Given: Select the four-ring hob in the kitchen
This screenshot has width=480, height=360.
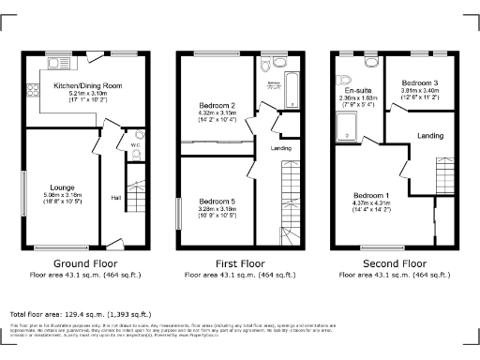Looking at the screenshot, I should point(33,92).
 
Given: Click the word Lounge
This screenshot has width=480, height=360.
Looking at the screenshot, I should point(63,187).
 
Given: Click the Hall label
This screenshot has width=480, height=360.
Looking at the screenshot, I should point(115,197).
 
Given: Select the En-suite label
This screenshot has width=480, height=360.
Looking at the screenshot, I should point(354,89).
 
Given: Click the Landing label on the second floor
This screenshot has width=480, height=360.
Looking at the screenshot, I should point(430,137).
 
